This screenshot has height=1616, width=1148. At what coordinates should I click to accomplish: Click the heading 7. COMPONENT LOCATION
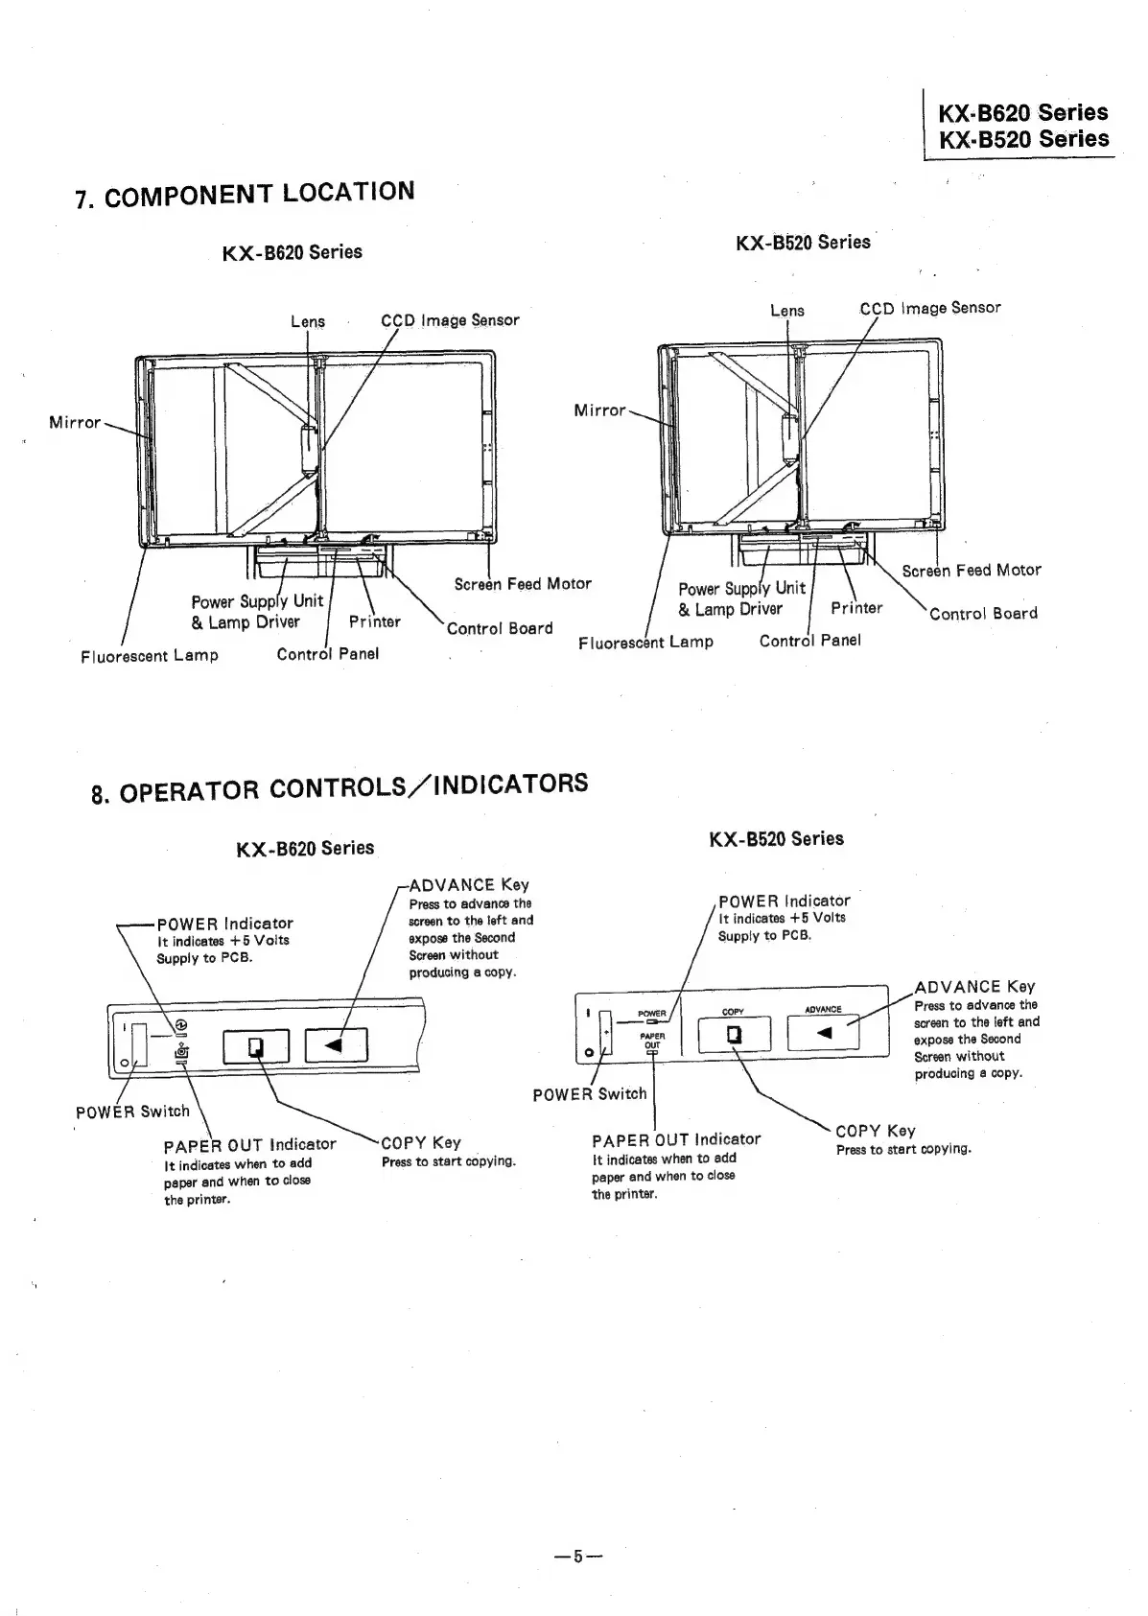click(x=245, y=194)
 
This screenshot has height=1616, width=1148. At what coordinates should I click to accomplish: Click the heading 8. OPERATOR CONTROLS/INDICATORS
click(x=339, y=787)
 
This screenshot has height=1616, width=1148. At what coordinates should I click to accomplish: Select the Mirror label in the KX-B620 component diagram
click(x=75, y=422)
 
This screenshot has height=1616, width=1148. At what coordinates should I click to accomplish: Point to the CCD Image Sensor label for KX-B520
click(x=929, y=308)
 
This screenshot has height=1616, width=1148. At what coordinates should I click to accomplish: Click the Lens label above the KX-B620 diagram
click(x=308, y=321)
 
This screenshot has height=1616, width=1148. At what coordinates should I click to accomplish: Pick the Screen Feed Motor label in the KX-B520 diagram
click(x=971, y=570)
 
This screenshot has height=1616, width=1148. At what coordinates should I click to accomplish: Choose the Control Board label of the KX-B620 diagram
click(x=500, y=628)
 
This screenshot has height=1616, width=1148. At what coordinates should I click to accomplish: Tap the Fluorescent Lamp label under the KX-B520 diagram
click(x=645, y=642)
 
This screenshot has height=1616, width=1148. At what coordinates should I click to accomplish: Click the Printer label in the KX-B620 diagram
click(x=374, y=621)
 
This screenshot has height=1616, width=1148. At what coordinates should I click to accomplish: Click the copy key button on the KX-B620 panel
click(x=256, y=1045)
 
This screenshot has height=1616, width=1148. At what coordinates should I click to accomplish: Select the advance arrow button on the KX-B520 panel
click(x=824, y=1032)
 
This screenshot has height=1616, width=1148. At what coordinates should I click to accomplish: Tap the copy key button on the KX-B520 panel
click(x=734, y=1034)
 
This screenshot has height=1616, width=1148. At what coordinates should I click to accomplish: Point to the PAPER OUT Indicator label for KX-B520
click(x=676, y=1139)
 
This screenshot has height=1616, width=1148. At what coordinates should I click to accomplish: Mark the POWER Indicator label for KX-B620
click(x=224, y=924)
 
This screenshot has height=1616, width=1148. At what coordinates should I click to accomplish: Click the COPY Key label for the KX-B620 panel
click(x=421, y=1142)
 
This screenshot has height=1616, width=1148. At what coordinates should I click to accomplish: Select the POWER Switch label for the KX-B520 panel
click(x=590, y=1094)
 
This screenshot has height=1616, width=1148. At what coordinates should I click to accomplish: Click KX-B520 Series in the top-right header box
click(x=1023, y=139)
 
